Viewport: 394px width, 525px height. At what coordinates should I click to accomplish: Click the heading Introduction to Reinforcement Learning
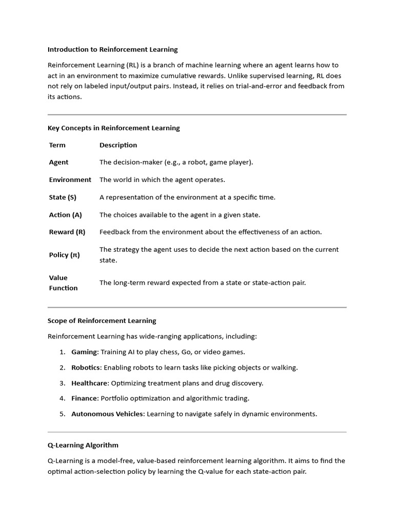click(x=112, y=50)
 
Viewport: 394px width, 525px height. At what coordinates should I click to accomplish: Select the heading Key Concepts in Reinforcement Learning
click(x=113, y=128)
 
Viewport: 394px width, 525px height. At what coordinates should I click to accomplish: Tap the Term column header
click(x=57, y=145)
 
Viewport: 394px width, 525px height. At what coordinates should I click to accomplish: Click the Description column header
click(x=118, y=145)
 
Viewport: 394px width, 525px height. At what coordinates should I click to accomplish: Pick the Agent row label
click(x=58, y=163)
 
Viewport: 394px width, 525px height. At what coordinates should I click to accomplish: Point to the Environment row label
click(x=70, y=180)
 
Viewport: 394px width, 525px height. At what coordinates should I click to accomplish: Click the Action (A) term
click(x=65, y=215)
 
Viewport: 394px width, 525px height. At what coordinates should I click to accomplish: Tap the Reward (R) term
click(x=67, y=232)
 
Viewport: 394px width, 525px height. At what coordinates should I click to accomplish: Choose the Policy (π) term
click(x=64, y=255)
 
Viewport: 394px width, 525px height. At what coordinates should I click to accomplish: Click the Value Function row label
click(x=63, y=283)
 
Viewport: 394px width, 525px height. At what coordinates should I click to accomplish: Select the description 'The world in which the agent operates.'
click(x=162, y=180)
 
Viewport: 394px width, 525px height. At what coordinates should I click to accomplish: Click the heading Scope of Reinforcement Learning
click(x=102, y=321)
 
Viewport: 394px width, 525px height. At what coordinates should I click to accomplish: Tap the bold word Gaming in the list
click(x=84, y=352)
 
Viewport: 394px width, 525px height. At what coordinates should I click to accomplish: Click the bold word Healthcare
click(x=90, y=383)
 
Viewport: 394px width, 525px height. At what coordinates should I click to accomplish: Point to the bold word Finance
click(x=85, y=398)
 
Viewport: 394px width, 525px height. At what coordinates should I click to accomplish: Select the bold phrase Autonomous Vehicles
click(x=108, y=414)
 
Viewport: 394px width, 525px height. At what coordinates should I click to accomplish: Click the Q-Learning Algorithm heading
click(x=83, y=445)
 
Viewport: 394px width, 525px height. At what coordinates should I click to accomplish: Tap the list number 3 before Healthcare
click(x=62, y=383)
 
